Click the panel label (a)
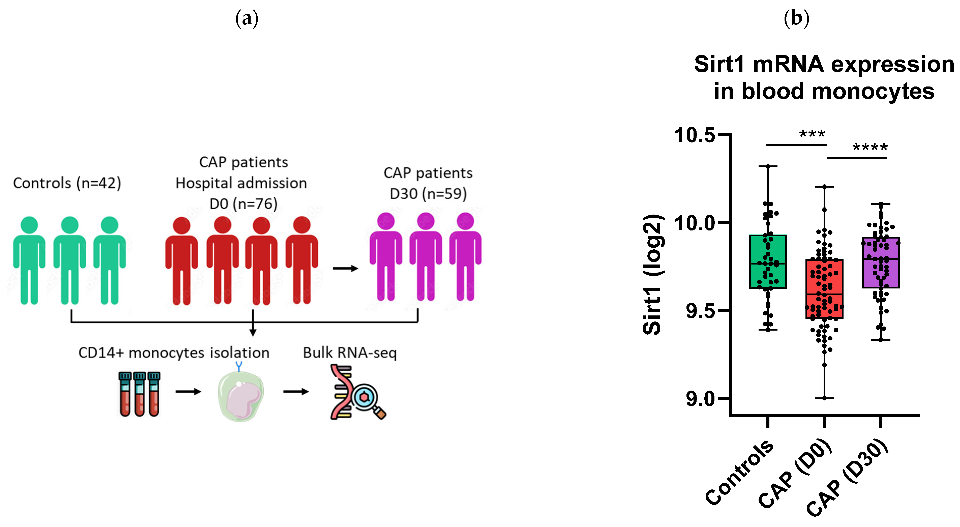pyautogui.click(x=247, y=19)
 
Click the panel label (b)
pyautogui.click(x=796, y=19)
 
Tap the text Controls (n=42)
pyautogui.click(x=67, y=183)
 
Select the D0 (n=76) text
pyautogui.click(x=243, y=204)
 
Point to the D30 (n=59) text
pyautogui.click(x=428, y=194)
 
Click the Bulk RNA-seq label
pyautogui.click(x=350, y=353)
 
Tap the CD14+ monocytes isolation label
pyautogui.click(x=174, y=353)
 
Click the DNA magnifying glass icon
pyautogui.click(x=357, y=392)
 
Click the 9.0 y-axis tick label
pyautogui.click(x=700, y=399)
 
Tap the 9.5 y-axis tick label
pyautogui.click(x=700, y=311)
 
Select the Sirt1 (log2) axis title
pyautogui.click(x=652, y=274)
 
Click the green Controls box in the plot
pyautogui.click(x=768, y=262)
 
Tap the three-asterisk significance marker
pyautogui.click(x=813, y=134)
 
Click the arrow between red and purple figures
pyautogui.click(x=345, y=268)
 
